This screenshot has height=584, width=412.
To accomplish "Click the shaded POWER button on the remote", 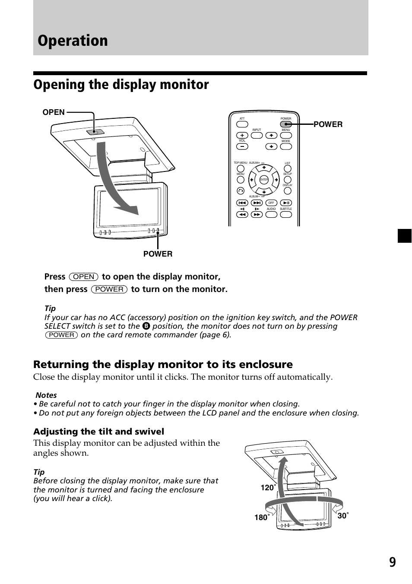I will [285, 124].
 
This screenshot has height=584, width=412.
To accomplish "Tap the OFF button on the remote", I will [271, 203].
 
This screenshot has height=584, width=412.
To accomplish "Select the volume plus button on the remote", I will [242, 135].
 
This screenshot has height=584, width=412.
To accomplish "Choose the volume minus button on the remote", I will [242, 146].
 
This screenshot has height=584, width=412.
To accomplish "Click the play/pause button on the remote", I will [286, 203].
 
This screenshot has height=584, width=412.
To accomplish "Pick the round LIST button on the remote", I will [288, 169].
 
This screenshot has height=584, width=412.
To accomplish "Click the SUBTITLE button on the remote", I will [286, 214].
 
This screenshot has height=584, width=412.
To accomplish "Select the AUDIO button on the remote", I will [271, 214].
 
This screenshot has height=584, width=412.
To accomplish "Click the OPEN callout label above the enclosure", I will [54, 112].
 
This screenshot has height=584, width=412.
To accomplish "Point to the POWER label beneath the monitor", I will [158, 254].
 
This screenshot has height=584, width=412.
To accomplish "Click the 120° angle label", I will [268, 488].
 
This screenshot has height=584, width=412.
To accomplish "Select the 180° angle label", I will [262, 517].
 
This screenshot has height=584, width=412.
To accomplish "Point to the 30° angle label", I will [343, 515].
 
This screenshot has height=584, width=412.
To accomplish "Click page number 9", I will [392, 562].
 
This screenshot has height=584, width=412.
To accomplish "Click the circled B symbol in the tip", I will [146, 327].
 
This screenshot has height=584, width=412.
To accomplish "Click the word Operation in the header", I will [73, 41].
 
